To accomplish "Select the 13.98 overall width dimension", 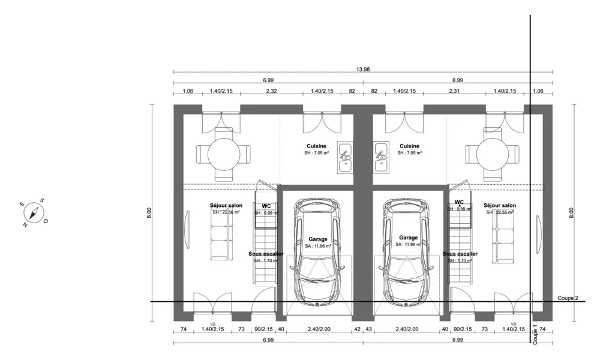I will point(362,70).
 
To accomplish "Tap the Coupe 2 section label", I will point(568,298).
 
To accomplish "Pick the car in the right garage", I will point(407,252).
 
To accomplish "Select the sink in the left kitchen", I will point(345,157).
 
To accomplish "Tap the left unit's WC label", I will point(266,206).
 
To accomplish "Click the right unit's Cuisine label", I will point(409,146).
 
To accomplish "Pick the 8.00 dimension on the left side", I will point(149,212).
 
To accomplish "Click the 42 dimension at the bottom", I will point(357,329).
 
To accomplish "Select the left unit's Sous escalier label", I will point(266,254).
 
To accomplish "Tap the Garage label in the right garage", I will point(408,238).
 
